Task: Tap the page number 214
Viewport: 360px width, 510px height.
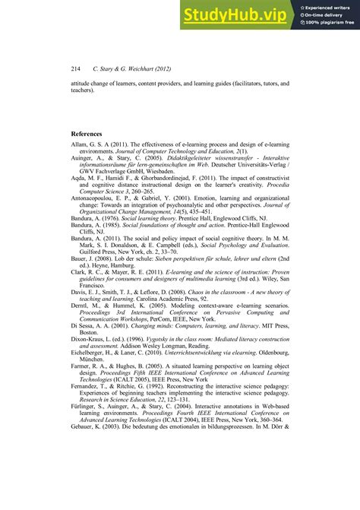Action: tap(75, 68)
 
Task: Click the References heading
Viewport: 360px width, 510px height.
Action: tap(91, 134)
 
